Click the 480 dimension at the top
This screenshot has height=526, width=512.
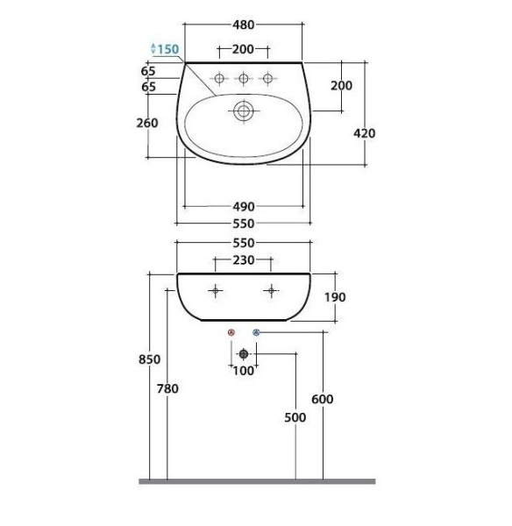pos(243,25)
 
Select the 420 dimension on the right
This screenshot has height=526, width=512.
pos(365,133)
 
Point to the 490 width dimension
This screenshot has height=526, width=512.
pos(244,207)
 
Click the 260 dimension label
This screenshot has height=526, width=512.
pos(147,123)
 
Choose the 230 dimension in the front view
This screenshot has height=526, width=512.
pos(243,260)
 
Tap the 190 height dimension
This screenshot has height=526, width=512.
pos(335,297)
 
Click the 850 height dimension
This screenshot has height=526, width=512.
pos(149,359)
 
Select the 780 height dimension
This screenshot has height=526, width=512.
pos(167,388)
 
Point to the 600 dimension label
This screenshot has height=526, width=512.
pos(323,399)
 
